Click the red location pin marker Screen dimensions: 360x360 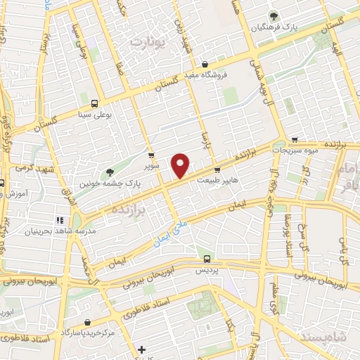point(181,165)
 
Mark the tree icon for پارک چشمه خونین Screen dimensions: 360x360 point(109,172)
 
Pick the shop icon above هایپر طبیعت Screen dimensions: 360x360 point(217,170)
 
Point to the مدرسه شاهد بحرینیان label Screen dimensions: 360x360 point(60,231)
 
